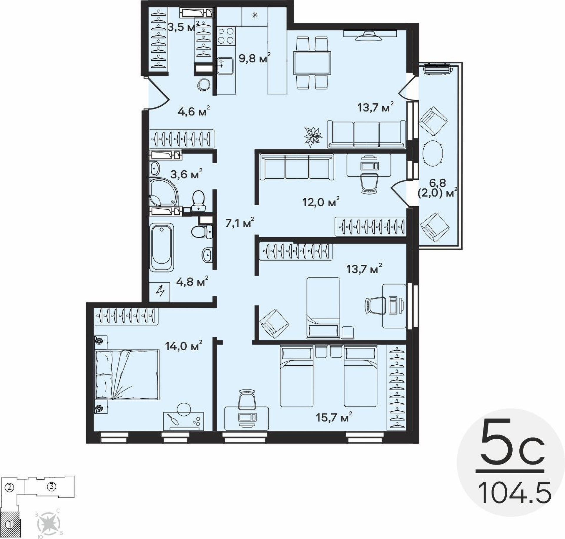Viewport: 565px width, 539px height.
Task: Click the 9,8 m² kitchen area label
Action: click(255, 58)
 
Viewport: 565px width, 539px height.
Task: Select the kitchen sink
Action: click(225, 66)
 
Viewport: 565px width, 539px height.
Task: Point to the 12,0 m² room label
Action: click(321, 202)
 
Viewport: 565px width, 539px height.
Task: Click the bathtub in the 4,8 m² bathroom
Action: click(161, 248)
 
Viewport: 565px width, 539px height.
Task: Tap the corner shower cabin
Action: click(164, 192)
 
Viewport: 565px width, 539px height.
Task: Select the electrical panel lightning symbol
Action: click(160, 291)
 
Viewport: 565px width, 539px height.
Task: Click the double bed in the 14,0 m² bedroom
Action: click(127, 374)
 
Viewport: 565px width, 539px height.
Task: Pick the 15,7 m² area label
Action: click(334, 417)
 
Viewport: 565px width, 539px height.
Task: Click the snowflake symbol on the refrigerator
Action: click(255, 15)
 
